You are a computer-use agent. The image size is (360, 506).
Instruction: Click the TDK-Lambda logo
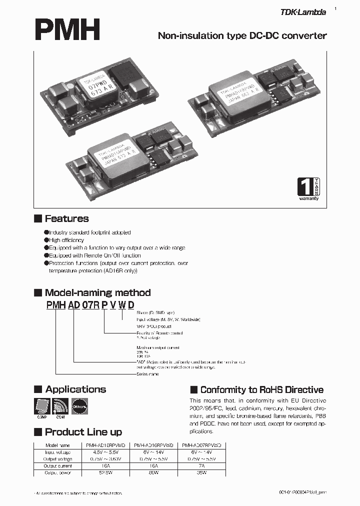coord(304,12)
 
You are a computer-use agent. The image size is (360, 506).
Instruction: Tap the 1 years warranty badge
coord(308,189)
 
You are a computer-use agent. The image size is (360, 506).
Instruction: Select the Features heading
coord(66,218)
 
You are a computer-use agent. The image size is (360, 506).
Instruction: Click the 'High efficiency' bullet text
coord(66,240)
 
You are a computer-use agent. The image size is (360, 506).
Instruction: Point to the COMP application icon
coord(41,406)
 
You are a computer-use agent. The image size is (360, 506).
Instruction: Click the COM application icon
coord(59,406)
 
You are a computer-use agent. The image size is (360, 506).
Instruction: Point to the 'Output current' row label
coord(57,465)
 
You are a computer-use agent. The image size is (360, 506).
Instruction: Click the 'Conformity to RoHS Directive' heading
coord(261,390)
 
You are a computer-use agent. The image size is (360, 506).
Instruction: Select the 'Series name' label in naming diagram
coord(147,374)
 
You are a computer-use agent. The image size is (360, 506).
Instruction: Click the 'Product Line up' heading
coord(83,432)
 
